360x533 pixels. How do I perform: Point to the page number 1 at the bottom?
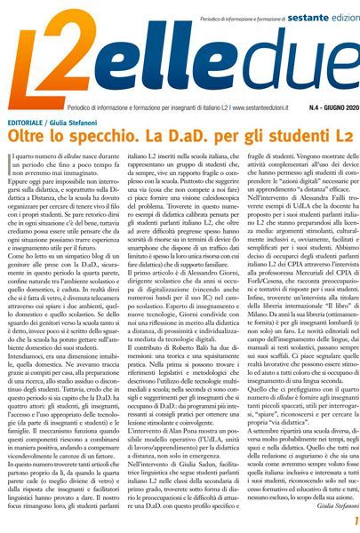353,520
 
